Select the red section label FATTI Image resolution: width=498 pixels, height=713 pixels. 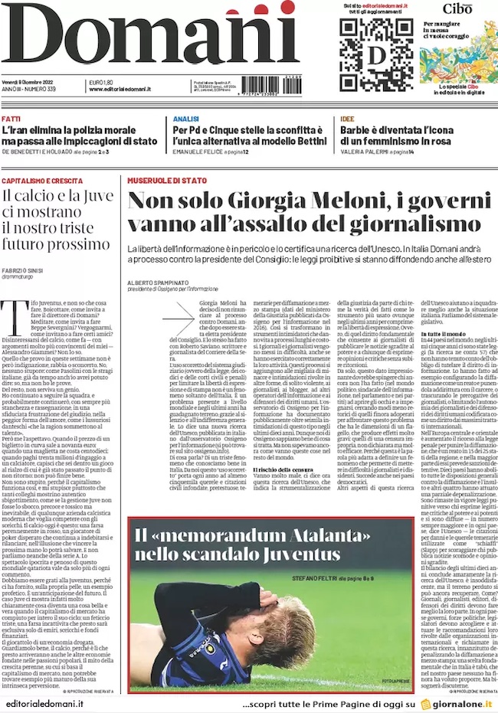(11, 119)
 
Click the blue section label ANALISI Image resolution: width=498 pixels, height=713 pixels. (185, 119)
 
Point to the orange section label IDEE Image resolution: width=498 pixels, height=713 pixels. (347, 119)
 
